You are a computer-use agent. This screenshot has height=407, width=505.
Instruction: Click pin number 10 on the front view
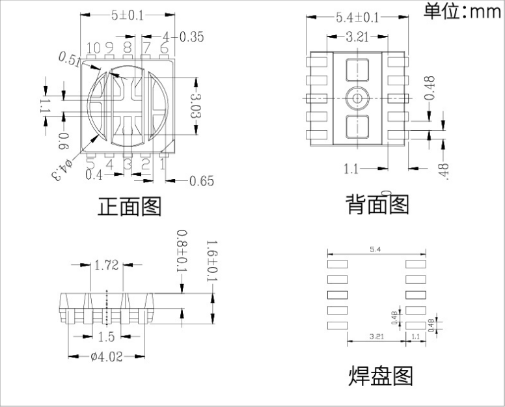[x=94, y=48]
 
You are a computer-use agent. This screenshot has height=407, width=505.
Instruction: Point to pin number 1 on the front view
[x=163, y=164]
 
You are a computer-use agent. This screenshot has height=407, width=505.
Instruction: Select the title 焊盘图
[x=381, y=375]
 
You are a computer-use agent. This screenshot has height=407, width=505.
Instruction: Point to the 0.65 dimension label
[x=201, y=180]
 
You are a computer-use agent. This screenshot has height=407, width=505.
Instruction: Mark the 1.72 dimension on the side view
[x=106, y=265]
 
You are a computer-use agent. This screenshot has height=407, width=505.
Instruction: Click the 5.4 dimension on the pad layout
[x=377, y=249]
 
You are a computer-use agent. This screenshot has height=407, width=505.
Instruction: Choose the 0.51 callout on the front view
[x=70, y=60]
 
